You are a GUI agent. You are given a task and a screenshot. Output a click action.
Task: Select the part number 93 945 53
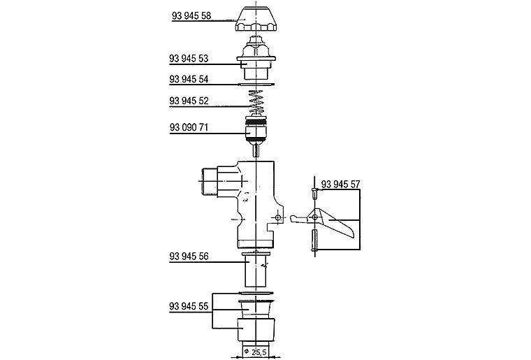click(x=189, y=59)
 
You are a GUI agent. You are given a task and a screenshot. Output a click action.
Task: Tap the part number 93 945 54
click(x=189, y=79)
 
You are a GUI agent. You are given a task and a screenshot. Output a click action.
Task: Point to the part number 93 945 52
click(x=189, y=101)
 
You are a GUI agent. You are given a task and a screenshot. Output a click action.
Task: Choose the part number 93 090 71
click(x=189, y=128)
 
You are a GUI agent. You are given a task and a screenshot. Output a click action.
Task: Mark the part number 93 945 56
click(x=189, y=257)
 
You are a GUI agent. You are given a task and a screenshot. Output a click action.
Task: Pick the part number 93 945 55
click(x=189, y=306)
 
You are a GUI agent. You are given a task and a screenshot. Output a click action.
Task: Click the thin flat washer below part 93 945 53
click(x=256, y=84)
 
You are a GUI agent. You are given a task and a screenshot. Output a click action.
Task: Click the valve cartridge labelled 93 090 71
click(x=256, y=132)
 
